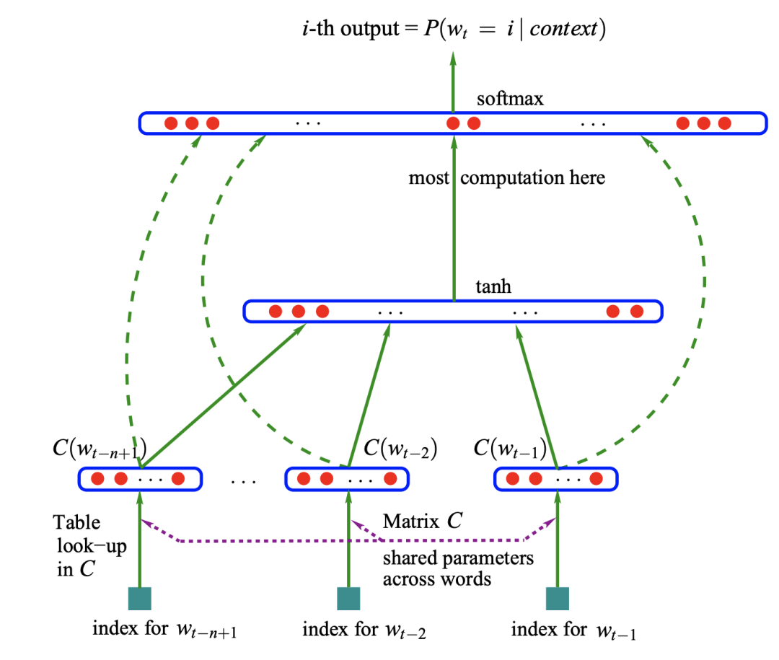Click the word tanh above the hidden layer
point(493,286)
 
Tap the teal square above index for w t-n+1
point(139,599)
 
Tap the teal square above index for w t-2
point(348,599)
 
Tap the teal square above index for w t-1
point(558,599)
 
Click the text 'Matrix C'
point(423,521)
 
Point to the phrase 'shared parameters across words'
point(457,568)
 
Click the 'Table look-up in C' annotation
point(90,546)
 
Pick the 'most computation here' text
point(506,177)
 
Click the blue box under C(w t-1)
point(555,478)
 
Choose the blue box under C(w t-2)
point(347,478)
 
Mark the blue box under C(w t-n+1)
point(139,478)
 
